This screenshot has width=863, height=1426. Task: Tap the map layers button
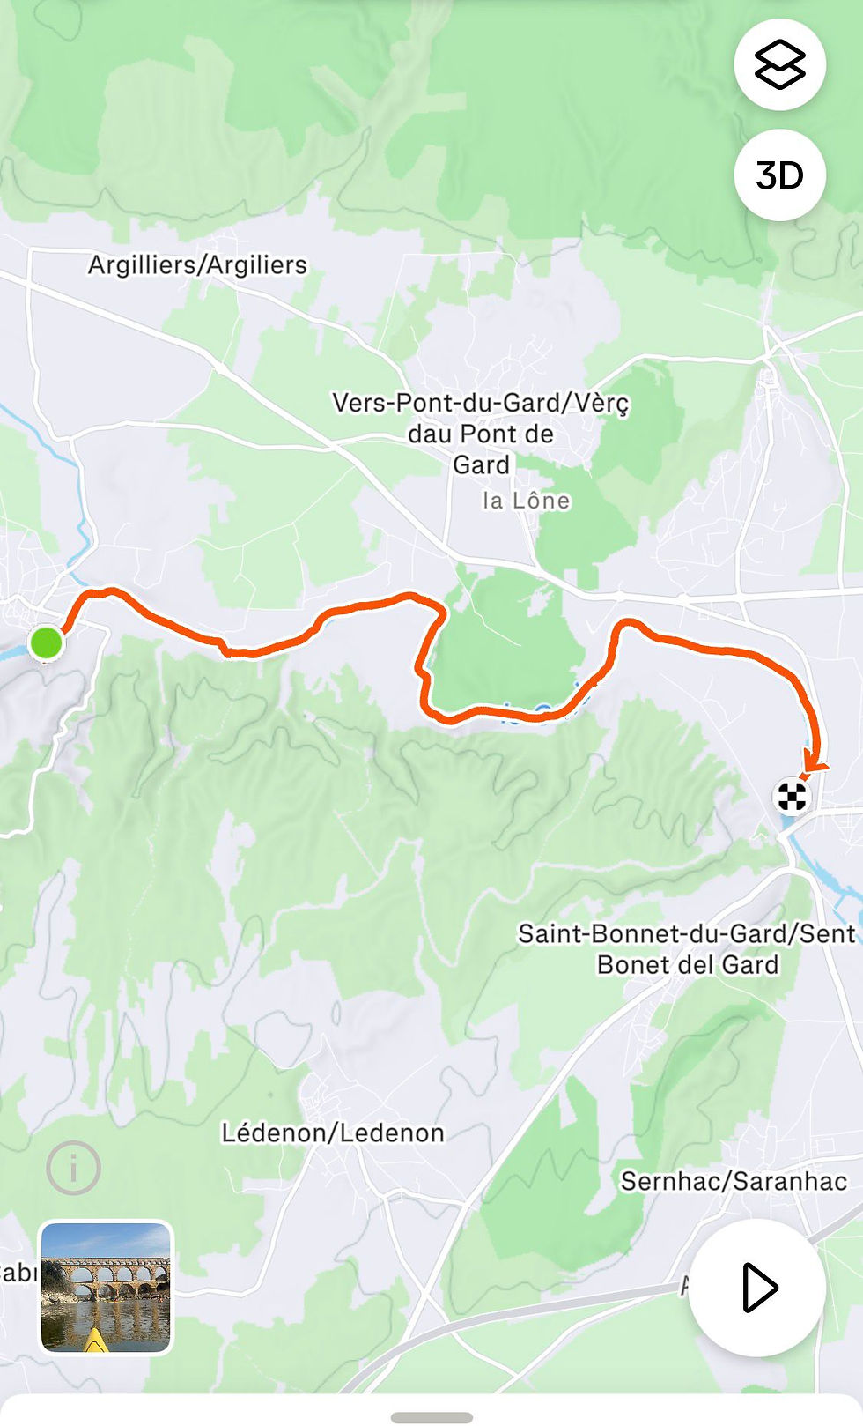click(x=779, y=65)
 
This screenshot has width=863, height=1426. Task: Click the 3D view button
click(x=779, y=175)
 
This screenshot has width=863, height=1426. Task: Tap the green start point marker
click(x=46, y=642)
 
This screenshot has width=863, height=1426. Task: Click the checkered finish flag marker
click(x=792, y=797)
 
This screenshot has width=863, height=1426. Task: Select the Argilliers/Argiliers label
click(x=197, y=264)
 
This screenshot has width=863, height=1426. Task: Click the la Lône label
click(x=526, y=501)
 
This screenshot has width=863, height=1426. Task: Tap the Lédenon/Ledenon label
click(x=332, y=1133)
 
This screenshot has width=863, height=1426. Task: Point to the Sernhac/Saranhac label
click(x=734, y=1181)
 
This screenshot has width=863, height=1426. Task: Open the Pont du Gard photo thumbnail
click(x=107, y=1287)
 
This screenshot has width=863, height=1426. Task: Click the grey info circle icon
click(x=73, y=1169)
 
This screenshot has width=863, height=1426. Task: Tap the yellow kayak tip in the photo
click(x=95, y=1341)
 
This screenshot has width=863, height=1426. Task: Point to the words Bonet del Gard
click(x=688, y=965)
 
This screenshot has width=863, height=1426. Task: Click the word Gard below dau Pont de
click(x=481, y=464)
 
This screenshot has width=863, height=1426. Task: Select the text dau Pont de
click(x=481, y=434)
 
